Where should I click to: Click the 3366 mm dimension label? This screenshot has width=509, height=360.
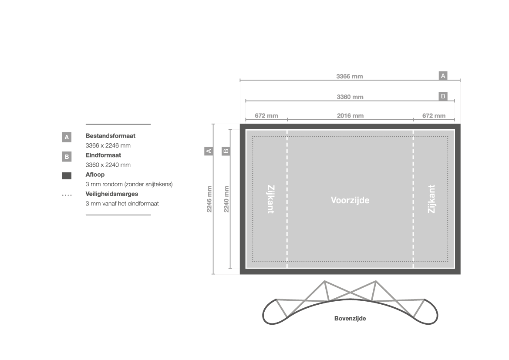click(x=349, y=76)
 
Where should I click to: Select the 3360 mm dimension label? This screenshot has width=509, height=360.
click(x=350, y=97)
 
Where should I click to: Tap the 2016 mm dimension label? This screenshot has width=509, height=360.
click(x=350, y=115)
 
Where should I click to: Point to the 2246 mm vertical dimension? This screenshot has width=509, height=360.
click(x=209, y=199)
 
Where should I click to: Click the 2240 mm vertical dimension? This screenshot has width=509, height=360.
click(x=226, y=199)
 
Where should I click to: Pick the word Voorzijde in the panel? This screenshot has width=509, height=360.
click(x=350, y=200)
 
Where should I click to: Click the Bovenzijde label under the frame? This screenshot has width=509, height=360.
click(x=350, y=319)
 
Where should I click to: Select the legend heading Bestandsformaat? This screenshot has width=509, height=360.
click(x=110, y=136)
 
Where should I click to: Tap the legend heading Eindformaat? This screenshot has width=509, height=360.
click(x=103, y=155)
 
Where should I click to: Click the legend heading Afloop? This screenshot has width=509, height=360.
click(x=95, y=174)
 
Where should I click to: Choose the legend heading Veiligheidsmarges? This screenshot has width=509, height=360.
click(x=111, y=194)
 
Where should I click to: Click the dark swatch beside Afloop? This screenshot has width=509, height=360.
click(x=67, y=175)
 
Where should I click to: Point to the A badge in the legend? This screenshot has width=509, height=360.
click(x=67, y=137)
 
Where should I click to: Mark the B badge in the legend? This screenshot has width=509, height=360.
click(x=67, y=156)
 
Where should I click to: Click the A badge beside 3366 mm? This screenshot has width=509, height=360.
click(x=443, y=76)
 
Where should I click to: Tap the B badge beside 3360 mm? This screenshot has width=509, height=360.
click(x=443, y=96)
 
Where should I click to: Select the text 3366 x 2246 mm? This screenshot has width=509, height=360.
click(x=108, y=145)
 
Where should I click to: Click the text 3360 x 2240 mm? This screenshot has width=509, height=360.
click(x=108, y=165)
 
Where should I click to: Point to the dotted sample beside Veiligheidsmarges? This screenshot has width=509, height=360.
click(x=67, y=195)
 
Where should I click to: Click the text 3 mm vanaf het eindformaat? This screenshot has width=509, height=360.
click(x=122, y=204)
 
